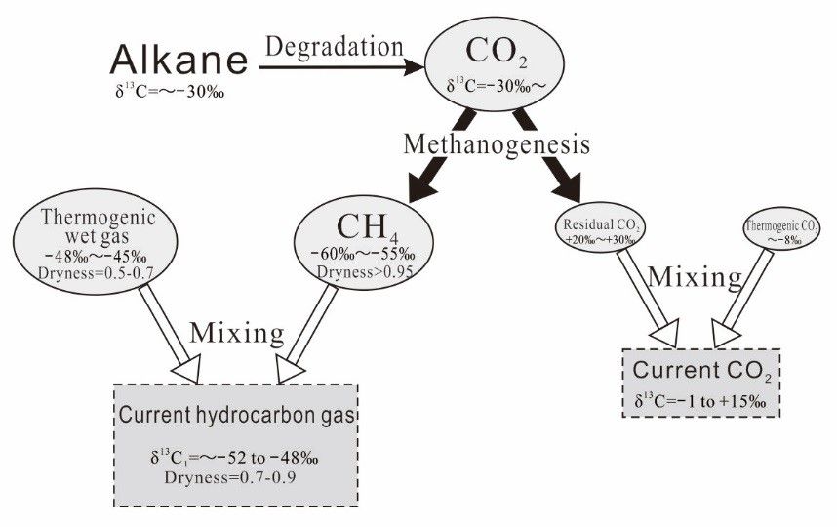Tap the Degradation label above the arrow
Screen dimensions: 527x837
(335, 46)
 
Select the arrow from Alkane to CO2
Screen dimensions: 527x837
(341, 68)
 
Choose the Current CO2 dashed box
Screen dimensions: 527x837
(702, 383)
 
